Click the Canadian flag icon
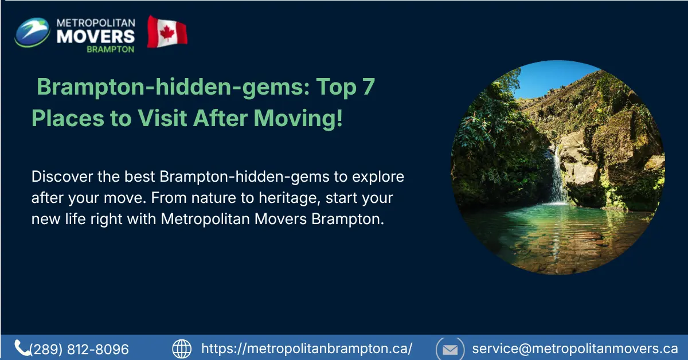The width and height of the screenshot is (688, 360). (x=167, y=32)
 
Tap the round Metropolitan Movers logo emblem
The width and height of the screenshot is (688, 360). (x=32, y=32)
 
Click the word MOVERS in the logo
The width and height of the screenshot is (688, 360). (x=96, y=36)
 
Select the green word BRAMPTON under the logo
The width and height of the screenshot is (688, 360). (x=110, y=49)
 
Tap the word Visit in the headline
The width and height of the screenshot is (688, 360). (x=161, y=118)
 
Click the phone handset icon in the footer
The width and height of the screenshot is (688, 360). (x=22, y=347)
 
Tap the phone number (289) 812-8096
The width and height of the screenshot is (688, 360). (x=79, y=349)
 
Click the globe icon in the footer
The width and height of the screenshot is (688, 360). (x=182, y=349)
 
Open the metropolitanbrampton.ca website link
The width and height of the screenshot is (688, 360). (x=307, y=349)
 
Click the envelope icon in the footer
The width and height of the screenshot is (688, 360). (x=450, y=349)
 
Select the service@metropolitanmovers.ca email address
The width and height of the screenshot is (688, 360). (x=574, y=349)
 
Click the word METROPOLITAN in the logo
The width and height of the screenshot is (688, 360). (x=96, y=22)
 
